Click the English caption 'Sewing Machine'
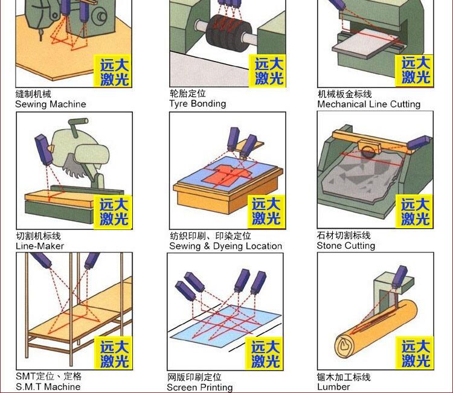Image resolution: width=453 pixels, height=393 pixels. click(51, 104)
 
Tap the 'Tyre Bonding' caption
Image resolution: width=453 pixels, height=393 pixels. click(198, 104)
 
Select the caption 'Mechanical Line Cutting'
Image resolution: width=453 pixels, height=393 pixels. click(368, 104)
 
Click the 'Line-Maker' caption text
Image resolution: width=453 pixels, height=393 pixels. click(40, 246)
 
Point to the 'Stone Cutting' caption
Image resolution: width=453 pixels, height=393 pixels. click(346, 246)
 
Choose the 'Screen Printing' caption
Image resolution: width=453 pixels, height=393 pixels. click(200, 387)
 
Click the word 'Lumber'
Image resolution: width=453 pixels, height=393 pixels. click(333, 387)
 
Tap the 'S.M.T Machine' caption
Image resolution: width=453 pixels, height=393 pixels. click(48, 386)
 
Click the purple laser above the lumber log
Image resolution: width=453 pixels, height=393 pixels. click(400, 277)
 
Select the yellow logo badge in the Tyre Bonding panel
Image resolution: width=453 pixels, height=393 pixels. click(268, 71)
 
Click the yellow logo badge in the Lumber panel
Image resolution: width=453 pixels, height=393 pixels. click(414, 353)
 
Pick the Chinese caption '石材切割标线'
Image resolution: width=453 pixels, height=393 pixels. click(344, 235)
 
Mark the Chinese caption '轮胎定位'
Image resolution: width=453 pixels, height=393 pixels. click(187, 94)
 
